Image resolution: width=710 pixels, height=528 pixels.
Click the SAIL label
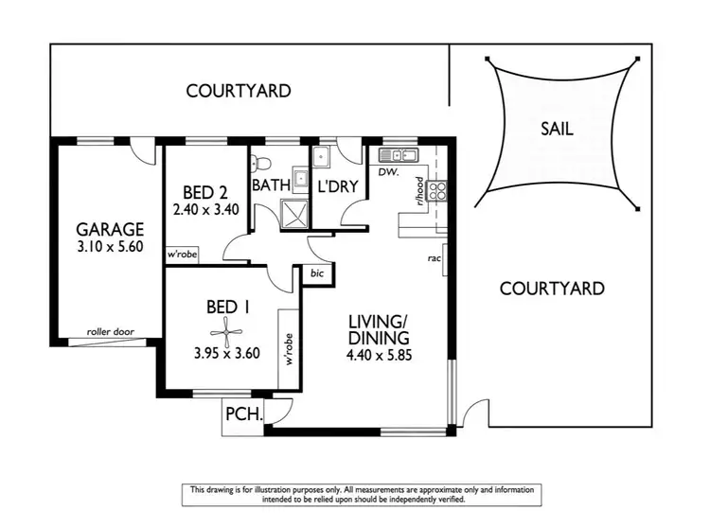click(x=556, y=129)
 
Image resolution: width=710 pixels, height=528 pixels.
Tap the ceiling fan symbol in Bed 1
click(x=227, y=331)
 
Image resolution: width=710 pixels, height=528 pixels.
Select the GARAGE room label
click(x=110, y=229)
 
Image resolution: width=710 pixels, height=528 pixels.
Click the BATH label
click(x=271, y=185)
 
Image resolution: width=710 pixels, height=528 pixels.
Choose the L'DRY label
click(x=337, y=185)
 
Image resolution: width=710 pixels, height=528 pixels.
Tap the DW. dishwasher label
click(x=387, y=172)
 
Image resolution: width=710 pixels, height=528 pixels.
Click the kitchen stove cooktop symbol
click(x=439, y=191)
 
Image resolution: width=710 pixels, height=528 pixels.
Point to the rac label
click(x=434, y=257)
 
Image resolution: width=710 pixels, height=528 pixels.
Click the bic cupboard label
click(x=316, y=273)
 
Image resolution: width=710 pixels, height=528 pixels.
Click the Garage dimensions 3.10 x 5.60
click(x=110, y=248)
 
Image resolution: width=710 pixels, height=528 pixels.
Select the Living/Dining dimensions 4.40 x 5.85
click(x=378, y=357)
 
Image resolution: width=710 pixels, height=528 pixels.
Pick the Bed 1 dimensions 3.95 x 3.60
click(x=227, y=357)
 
